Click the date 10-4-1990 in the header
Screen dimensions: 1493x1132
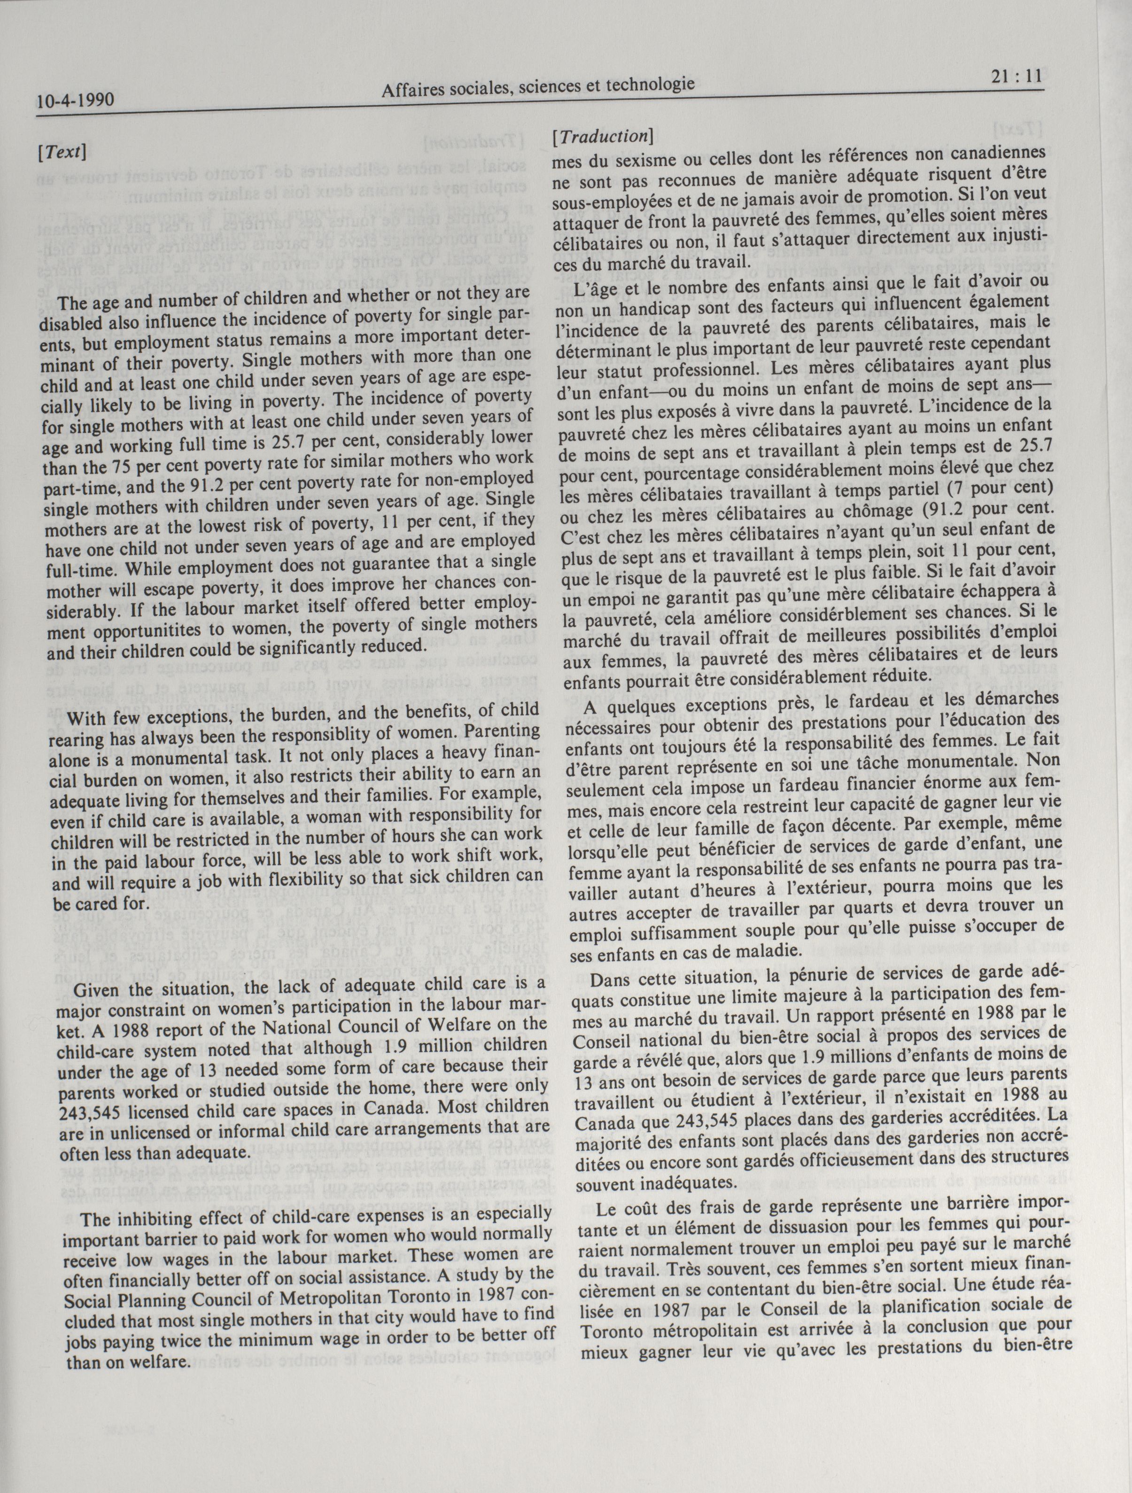pos(75,102)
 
